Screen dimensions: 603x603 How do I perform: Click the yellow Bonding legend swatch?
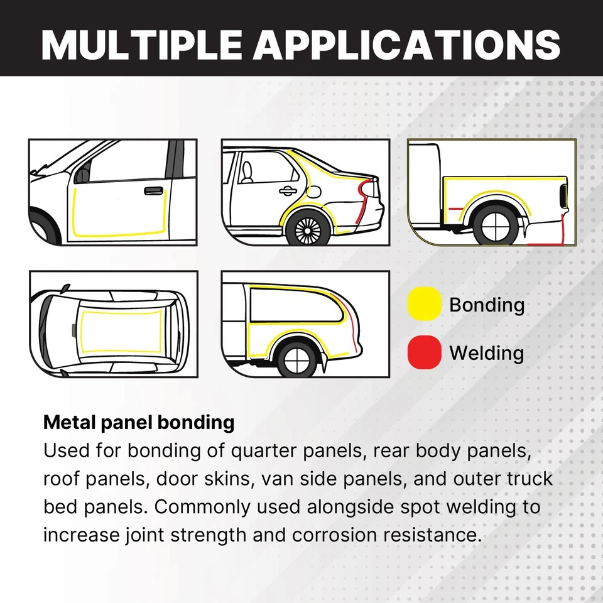point(424,304)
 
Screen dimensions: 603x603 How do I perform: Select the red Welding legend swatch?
point(424,352)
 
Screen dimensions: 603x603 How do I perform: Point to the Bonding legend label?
point(487,305)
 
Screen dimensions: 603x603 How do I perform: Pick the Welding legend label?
point(486,353)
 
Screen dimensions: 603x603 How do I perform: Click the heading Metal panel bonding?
point(139,422)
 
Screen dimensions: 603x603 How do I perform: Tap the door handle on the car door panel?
point(153,190)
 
